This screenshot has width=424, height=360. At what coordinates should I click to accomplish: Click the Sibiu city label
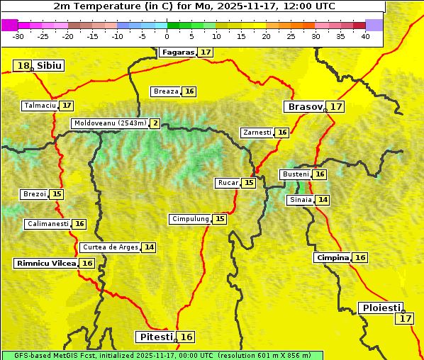click(50, 66)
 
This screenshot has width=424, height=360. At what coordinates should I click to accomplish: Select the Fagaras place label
click(177, 52)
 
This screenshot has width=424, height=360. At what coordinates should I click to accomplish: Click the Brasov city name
click(304, 107)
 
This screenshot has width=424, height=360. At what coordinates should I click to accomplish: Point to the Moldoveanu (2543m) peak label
click(110, 123)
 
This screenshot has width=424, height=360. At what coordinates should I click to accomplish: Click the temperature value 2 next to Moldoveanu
click(155, 123)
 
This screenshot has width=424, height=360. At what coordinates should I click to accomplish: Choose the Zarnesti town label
click(257, 133)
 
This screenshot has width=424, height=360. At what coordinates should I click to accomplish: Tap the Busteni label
click(295, 174)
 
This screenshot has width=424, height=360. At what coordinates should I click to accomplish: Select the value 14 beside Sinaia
click(323, 200)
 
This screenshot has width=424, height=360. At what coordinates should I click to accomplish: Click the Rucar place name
click(228, 183)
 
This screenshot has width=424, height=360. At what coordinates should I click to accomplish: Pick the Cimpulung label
click(191, 219)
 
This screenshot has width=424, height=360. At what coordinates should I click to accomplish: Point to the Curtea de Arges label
click(109, 247)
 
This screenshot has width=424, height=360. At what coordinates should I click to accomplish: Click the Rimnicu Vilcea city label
click(45, 263)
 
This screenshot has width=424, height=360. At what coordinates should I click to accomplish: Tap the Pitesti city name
click(154, 337)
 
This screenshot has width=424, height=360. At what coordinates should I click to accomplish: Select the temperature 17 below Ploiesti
click(405, 318)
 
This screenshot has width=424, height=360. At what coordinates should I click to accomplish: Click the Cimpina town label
click(333, 258)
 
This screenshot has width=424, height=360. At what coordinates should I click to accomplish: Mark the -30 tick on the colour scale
click(19, 36)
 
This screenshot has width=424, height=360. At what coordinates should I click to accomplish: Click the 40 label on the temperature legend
click(365, 36)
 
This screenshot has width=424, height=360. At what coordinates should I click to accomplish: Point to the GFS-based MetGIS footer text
click(162, 355)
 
